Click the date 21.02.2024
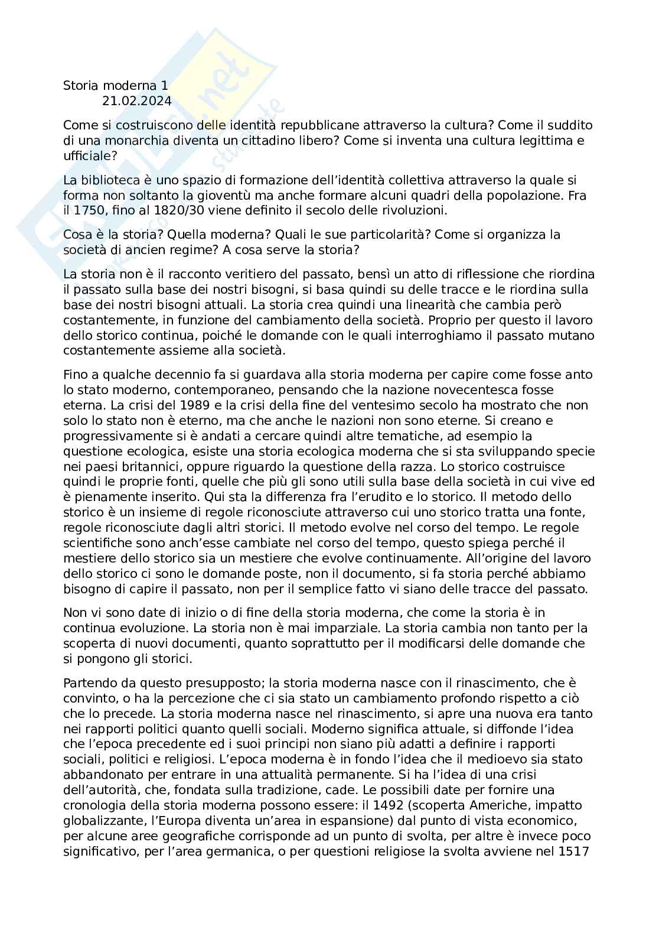point(137,101)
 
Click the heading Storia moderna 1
point(116,86)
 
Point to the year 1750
point(85,210)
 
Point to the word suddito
point(554,125)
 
